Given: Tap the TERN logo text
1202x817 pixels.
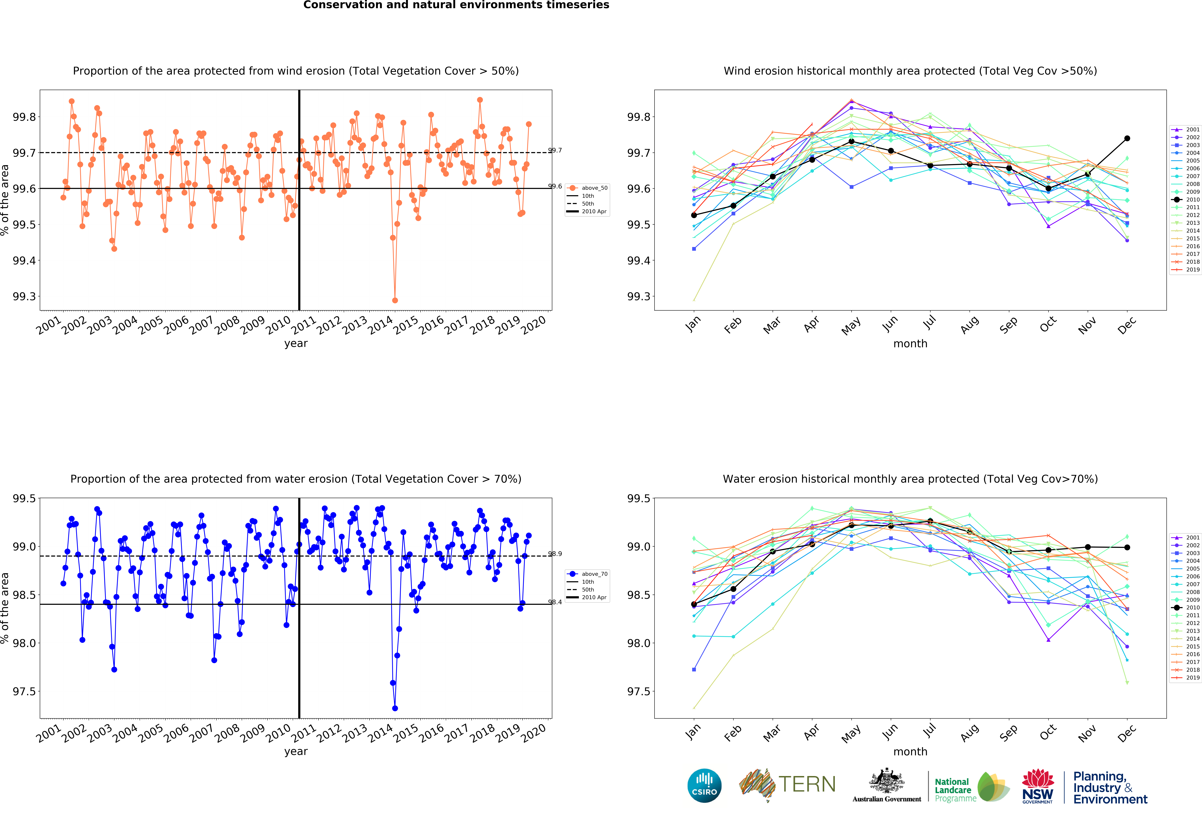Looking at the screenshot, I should (x=807, y=784).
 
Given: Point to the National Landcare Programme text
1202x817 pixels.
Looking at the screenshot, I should (x=953, y=790).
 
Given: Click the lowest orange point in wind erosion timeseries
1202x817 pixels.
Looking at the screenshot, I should (x=395, y=300).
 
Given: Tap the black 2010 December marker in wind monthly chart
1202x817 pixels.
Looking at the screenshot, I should (x=1127, y=139).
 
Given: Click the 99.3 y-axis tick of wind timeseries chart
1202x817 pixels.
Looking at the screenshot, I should (x=24, y=297).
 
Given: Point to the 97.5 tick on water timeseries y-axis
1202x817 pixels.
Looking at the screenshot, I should (x=24, y=691).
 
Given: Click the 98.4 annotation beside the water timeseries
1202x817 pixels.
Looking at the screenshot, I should (x=555, y=602).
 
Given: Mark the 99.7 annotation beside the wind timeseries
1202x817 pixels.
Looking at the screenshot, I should (x=555, y=151).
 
